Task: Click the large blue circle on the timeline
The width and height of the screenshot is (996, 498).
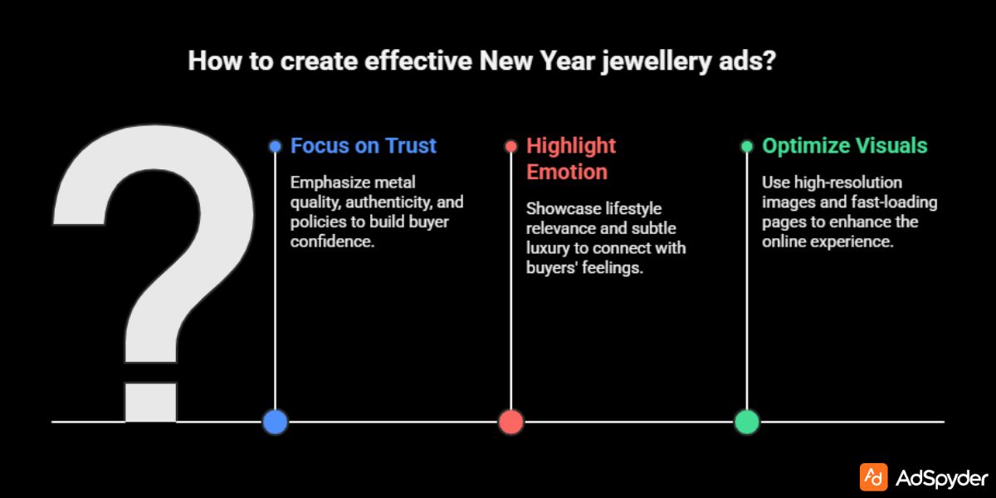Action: [x=275, y=422]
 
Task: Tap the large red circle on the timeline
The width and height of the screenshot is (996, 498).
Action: [x=511, y=422]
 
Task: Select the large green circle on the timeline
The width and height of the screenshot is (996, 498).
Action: [x=747, y=422]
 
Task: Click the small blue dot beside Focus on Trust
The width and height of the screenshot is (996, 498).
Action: [x=275, y=147]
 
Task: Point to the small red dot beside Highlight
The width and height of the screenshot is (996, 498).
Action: [x=511, y=147]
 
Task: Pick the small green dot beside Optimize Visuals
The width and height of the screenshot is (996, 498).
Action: [x=747, y=147]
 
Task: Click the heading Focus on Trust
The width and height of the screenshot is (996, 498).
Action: [x=363, y=146]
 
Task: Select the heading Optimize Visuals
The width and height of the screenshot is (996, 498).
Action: [x=844, y=146]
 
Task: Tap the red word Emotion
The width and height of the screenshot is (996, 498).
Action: [x=567, y=172]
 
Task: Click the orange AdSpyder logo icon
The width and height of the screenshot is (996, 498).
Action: [x=873, y=477]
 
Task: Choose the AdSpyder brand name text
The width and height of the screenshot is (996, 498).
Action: [x=942, y=478]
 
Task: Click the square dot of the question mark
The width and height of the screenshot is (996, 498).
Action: [x=150, y=402]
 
